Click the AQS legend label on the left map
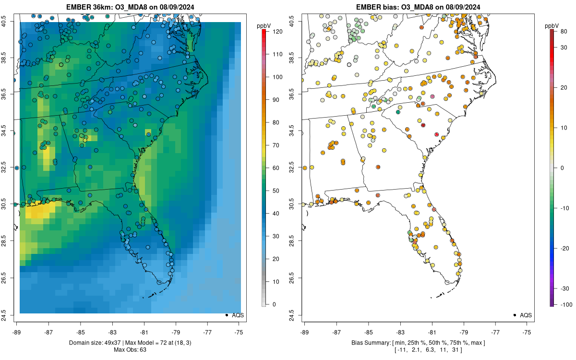pyautogui.click(x=238, y=315)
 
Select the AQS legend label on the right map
pyautogui.click(x=526, y=315)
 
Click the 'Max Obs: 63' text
pyautogui.click(x=130, y=349)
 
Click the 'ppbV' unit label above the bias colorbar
pyautogui.click(x=552, y=25)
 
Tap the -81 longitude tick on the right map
pyautogui.click(x=432, y=331)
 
